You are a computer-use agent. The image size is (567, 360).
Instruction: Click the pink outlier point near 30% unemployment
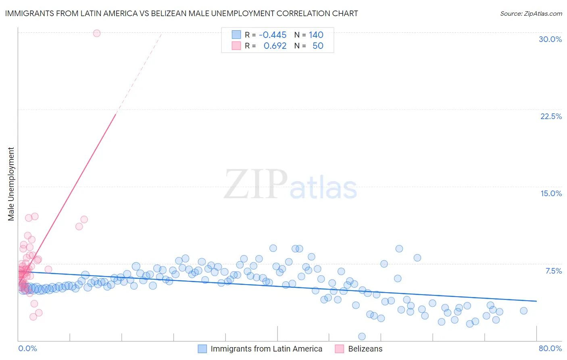(97, 33)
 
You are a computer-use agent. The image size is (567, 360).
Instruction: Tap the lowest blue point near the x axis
(362, 336)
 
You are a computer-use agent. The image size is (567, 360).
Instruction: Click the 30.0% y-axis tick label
(550, 39)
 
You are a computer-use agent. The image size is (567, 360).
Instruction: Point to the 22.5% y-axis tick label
(551, 116)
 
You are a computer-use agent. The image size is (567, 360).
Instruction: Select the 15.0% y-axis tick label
(551, 193)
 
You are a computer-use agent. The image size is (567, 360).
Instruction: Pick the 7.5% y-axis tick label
(553, 271)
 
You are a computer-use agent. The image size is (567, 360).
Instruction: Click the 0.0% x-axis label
(27, 348)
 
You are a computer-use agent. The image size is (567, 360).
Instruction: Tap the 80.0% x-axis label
(550, 348)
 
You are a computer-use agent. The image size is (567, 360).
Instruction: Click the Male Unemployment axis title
(11, 184)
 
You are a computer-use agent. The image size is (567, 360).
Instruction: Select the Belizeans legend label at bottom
(365, 349)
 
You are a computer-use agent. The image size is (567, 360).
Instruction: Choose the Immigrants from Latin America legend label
(266, 349)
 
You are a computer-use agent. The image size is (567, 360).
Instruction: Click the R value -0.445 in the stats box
(273, 35)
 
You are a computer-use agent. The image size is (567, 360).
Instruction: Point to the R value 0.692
(275, 46)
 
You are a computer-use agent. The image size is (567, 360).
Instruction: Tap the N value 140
(316, 35)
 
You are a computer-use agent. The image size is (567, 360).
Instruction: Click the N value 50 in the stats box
(318, 46)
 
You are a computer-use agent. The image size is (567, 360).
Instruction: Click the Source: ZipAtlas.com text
(531, 13)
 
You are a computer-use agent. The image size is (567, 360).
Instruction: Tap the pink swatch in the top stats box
(236, 46)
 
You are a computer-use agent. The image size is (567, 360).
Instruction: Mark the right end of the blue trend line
(536, 301)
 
